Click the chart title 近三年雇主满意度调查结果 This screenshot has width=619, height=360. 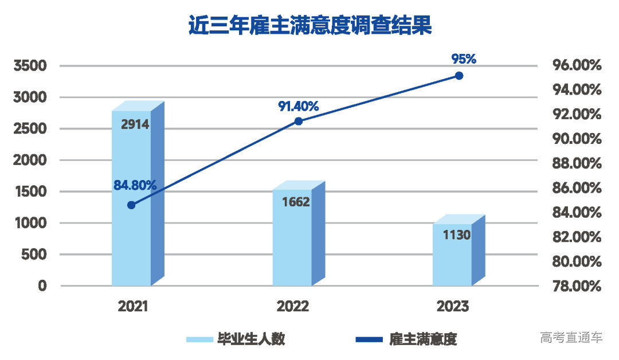pyautogui.click(x=309, y=26)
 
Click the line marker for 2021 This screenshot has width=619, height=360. pyautogui.click(x=131, y=205)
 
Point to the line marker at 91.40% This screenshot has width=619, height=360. pyautogui.click(x=298, y=121)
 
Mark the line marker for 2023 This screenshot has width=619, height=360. pyautogui.click(x=459, y=75)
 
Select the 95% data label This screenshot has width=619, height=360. pyautogui.click(x=464, y=58)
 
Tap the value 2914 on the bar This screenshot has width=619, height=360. pyautogui.click(x=135, y=124)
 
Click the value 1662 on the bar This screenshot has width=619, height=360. pyautogui.click(x=296, y=202)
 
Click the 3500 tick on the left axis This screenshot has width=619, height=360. pyautogui.click(x=34, y=66)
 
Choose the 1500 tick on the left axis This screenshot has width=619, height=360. pyautogui.click(x=34, y=191)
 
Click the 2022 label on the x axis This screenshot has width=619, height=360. pyautogui.click(x=292, y=307)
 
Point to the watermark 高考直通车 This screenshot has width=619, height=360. pyautogui.click(x=571, y=337)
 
